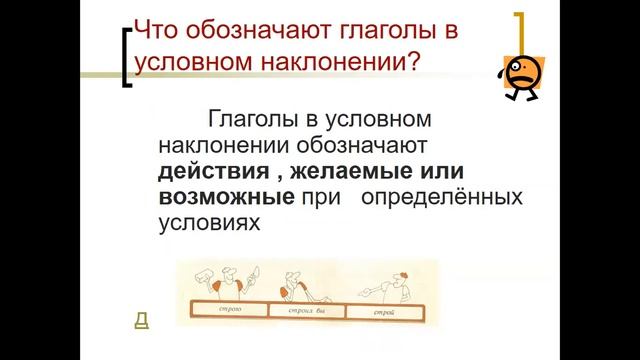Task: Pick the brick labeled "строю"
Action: pyautogui.click(x=231, y=313)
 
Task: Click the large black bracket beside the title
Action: pyautogui.click(x=126, y=60)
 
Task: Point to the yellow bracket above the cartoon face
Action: pyautogui.click(x=521, y=31)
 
